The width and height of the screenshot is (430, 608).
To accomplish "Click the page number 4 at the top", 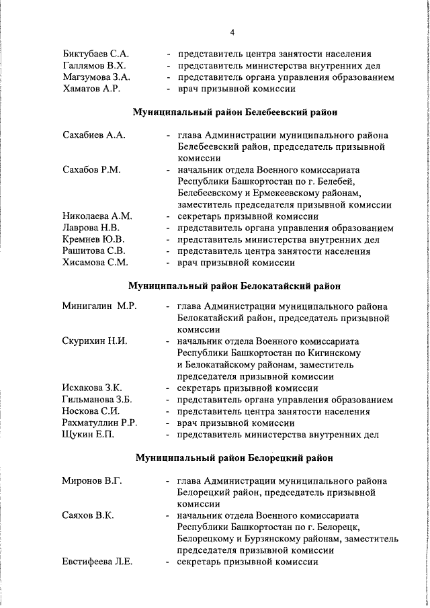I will pyautogui.click(x=232, y=32).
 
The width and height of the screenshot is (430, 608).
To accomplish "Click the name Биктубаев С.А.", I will pyautogui.click(x=96, y=53).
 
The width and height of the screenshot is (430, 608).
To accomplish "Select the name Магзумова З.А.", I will pyautogui.click(x=96, y=77).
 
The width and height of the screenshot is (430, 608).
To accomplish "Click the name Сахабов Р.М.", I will pyautogui.click(x=91, y=169).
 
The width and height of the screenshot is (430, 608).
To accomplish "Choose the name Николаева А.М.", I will pyautogui.click(x=97, y=216).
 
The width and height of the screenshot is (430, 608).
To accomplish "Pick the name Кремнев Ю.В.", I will pyautogui.click(x=93, y=240).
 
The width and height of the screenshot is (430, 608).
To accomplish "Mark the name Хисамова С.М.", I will pyautogui.click(x=95, y=263).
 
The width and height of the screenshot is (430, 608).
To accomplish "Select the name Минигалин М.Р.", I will pyautogui.click(x=99, y=306).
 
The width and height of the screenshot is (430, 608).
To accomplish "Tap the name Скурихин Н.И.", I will pyautogui.click(x=95, y=341).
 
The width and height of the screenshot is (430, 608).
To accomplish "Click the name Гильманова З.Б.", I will pyautogui.click(x=97, y=400).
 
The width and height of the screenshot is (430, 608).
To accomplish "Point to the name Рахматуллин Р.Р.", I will pyautogui.click(x=100, y=423).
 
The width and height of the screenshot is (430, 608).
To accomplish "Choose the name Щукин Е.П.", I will pyautogui.click(x=88, y=435).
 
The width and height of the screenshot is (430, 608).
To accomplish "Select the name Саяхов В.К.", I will pyautogui.click(x=87, y=515).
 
